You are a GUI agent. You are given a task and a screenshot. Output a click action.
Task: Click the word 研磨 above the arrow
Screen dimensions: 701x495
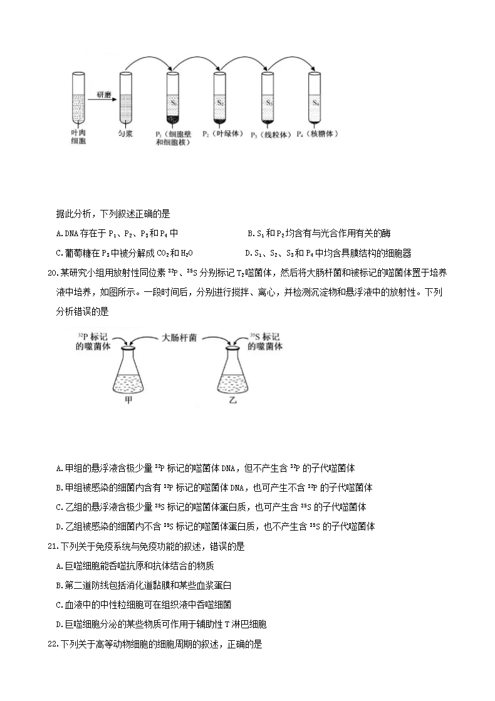[102, 94]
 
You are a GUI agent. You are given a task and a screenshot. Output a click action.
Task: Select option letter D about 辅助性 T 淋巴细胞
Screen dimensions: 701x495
[58, 625]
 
